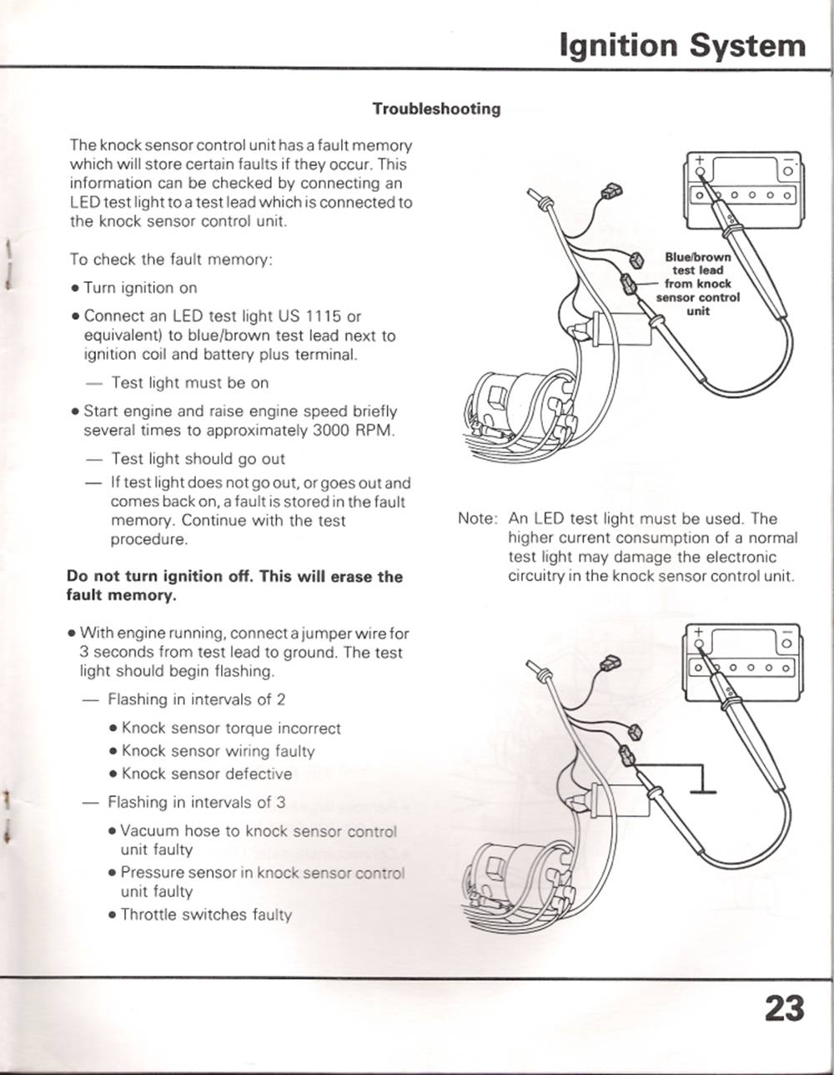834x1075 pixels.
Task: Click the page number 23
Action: click(784, 1008)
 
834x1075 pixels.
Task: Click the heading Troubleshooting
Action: click(436, 109)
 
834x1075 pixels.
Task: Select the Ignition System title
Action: click(683, 46)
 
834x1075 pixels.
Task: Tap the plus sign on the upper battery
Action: click(701, 160)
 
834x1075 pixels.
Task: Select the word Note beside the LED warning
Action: click(477, 519)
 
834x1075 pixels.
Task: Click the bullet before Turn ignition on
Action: click(75, 289)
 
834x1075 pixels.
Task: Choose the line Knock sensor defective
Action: click(207, 774)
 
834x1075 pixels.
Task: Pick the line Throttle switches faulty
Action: click(206, 915)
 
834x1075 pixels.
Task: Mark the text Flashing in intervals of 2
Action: click(196, 699)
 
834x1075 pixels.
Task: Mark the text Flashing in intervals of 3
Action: click(196, 803)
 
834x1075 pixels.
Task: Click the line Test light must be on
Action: click(189, 383)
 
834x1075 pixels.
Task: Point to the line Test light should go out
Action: click(198, 459)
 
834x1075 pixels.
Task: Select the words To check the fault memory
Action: click(171, 260)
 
